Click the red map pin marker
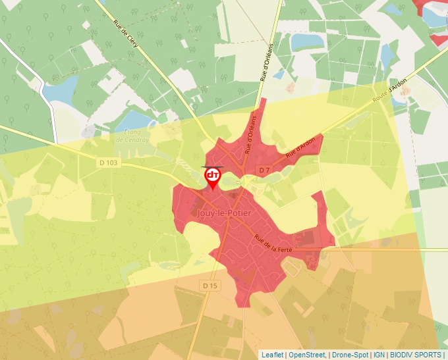[212, 177]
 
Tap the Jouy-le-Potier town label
[221, 214]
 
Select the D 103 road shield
[110, 162]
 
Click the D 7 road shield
[264, 170]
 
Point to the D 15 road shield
[210, 286]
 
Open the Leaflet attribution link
[272, 354]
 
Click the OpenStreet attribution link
[307, 354]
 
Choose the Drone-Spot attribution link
[350, 354]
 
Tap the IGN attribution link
[379, 354]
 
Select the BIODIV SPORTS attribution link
[416, 354]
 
